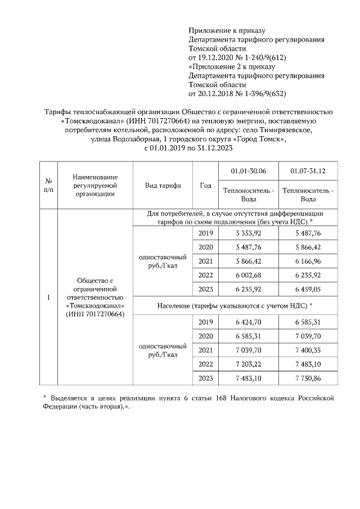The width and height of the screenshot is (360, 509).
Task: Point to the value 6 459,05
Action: coord(308,290)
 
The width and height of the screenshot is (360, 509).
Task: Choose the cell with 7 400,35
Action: coord(308,350)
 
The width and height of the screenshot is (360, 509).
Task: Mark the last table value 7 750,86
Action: coord(308,379)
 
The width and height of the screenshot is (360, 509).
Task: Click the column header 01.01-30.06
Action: coord(248,170)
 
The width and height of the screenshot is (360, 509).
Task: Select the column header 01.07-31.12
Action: coord(308,170)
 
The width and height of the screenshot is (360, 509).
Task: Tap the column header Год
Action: coord(205,185)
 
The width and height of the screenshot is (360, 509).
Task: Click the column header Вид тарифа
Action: coord(163,185)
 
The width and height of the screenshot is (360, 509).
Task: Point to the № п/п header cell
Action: coord(48,185)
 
